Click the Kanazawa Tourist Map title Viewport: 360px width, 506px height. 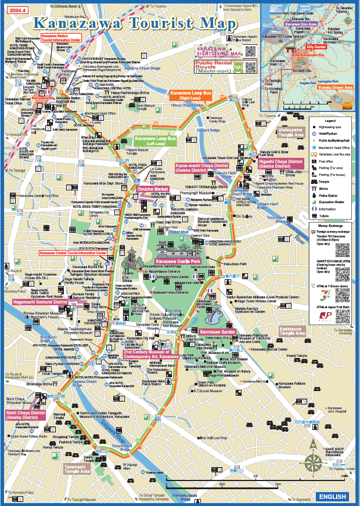click(135, 23)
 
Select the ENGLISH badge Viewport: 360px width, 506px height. click(333, 497)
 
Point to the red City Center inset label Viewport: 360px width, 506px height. click(316, 46)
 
